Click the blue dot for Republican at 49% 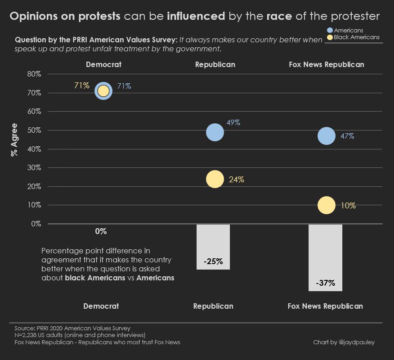point(215,132)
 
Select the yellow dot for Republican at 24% point(215,179)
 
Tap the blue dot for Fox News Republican point(327,136)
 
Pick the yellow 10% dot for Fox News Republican point(327,205)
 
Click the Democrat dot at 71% point(103,90)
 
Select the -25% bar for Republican point(213,247)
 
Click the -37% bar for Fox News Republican point(325,257)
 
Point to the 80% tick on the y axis point(34,74)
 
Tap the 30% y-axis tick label point(34,167)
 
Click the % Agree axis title point(14,139)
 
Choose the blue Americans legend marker point(330,30)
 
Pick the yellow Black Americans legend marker point(330,37)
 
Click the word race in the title point(279,17)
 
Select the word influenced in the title point(196,17)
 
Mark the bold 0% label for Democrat point(101,231)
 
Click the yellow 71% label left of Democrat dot point(82,85)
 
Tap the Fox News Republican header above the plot point(326,64)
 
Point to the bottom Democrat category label point(101,306)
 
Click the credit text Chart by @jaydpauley point(344,342)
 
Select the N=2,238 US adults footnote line point(80,335)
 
